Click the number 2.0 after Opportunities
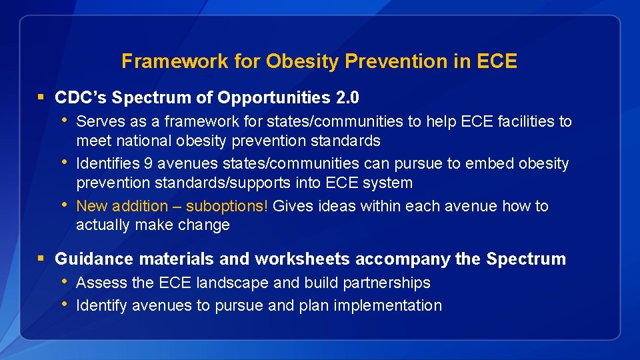click(x=348, y=98)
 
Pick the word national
click(x=142, y=141)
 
